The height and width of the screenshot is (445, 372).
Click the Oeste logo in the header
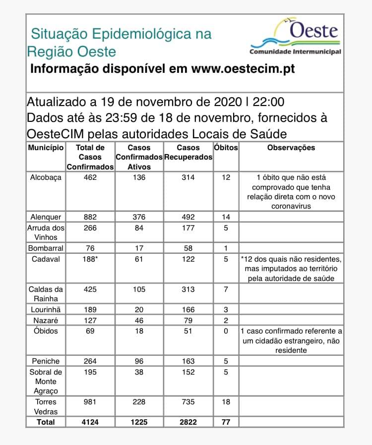(295, 37)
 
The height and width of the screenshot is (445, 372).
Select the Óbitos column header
(226, 148)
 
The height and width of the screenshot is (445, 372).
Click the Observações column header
(291, 148)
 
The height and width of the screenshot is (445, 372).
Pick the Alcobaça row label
(46, 177)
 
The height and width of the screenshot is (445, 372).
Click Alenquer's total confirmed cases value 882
(90, 217)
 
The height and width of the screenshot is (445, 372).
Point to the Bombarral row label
(46, 248)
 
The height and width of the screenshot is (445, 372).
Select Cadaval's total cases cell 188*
(90, 259)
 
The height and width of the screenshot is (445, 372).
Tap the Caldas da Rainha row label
(46, 294)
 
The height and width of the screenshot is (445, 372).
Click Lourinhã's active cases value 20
(139, 310)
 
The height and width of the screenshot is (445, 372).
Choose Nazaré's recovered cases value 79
(188, 321)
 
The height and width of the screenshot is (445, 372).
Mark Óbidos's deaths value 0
(226, 331)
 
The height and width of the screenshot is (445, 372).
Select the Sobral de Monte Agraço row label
(46, 382)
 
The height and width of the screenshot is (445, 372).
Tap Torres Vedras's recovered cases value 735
(188, 402)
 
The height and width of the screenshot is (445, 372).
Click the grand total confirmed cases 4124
(90, 422)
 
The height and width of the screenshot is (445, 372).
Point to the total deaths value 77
(226, 422)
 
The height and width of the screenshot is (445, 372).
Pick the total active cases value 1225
(139, 422)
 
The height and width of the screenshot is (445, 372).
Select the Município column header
(46, 148)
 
